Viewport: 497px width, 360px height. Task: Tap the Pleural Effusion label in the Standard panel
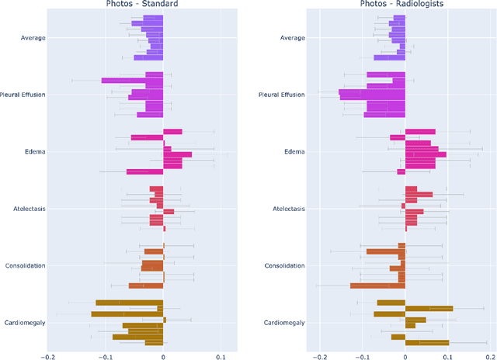[x=22, y=95]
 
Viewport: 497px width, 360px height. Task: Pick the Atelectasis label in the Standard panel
[x=28, y=209]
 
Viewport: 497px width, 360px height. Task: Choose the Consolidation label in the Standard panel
[x=24, y=265]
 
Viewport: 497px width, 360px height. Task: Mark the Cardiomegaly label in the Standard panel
[x=25, y=323]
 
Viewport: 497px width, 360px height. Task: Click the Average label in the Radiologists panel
[x=292, y=37]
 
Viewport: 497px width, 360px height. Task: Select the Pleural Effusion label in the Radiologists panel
[x=283, y=95]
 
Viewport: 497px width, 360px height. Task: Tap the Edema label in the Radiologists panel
[x=294, y=151]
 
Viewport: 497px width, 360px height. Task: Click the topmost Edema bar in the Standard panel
[x=172, y=132]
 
